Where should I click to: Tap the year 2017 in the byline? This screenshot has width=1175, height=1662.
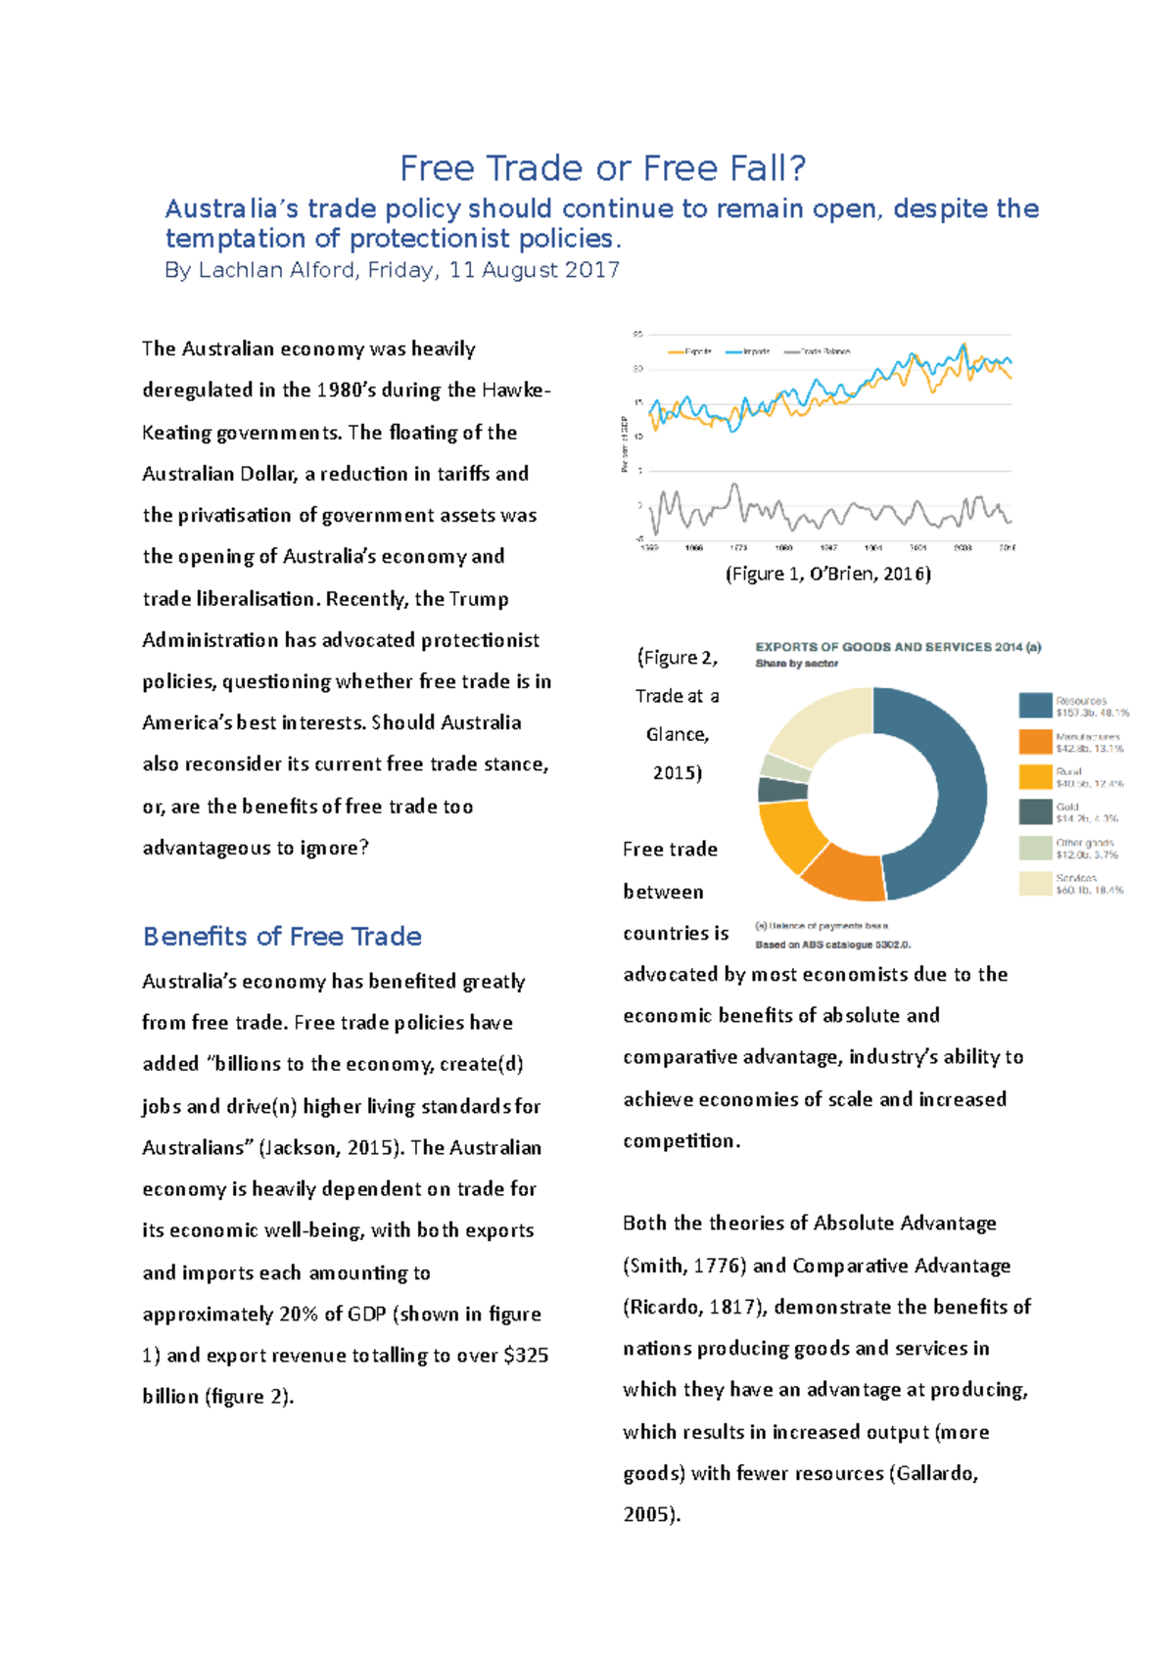pyautogui.click(x=591, y=270)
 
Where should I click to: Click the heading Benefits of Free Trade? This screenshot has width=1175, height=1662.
pyautogui.click(x=282, y=937)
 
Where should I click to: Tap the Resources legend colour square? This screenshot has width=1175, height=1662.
pyautogui.click(x=1035, y=706)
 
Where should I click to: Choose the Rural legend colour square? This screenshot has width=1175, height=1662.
pyautogui.click(x=1035, y=776)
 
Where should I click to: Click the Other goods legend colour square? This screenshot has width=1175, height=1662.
pyautogui.click(x=1035, y=848)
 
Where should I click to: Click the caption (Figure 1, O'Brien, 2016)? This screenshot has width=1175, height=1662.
pyautogui.click(x=827, y=575)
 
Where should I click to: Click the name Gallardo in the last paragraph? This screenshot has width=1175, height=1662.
pyautogui.click(x=935, y=1473)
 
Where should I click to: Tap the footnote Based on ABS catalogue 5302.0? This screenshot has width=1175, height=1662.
pyautogui.click(x=832, y=945)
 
